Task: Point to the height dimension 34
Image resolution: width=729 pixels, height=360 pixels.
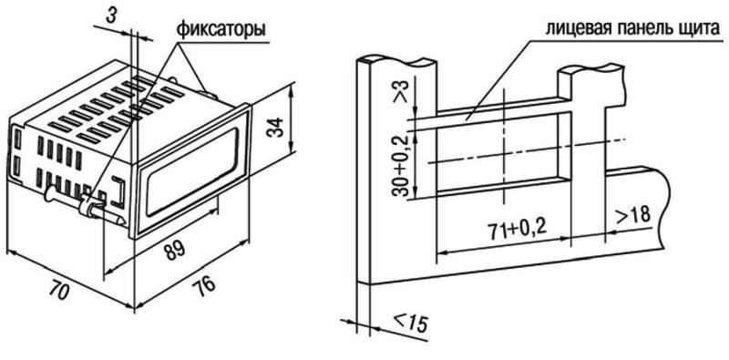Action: tap(275, 128)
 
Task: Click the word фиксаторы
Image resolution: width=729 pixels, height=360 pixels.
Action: tap(221, 30)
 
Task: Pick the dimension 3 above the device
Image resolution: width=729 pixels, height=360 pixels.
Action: tap(110, 15)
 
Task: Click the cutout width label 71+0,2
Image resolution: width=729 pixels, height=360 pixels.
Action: tap(517, 228)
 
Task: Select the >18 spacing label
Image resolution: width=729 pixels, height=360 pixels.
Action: tap(632, 215)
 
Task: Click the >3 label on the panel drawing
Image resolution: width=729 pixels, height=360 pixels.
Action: tap(400, 91)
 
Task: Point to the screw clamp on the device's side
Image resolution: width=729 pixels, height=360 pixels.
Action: tap(84, 204)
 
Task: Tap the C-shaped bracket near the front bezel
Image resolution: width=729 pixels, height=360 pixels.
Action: tap(118, 191)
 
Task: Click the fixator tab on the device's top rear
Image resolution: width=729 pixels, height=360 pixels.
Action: tap(208, 91)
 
